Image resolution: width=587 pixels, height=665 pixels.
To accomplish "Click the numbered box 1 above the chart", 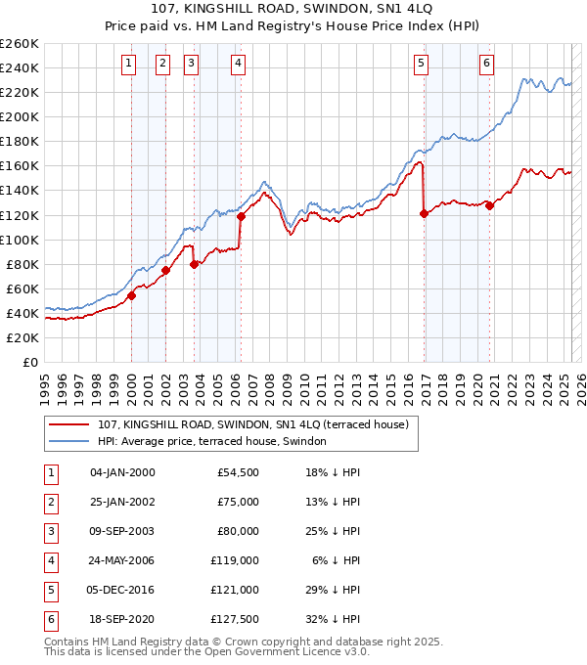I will point(128,65).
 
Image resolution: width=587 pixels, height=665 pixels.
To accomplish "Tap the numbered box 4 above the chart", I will point(238,65).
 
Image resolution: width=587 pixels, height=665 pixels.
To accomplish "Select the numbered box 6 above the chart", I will point(486,65).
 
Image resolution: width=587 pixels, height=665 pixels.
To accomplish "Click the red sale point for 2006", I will point(241,216).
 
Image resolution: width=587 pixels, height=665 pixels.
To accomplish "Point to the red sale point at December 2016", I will point(424,213).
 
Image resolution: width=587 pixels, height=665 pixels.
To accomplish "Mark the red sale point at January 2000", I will point(131,295).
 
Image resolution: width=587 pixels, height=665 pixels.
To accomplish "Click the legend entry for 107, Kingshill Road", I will point(258,423).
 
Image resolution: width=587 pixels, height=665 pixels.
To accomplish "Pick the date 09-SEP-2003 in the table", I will point(122,532).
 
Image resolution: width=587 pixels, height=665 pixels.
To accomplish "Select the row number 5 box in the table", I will point(50,590).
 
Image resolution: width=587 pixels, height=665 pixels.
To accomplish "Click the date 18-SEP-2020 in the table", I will point(122,619).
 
